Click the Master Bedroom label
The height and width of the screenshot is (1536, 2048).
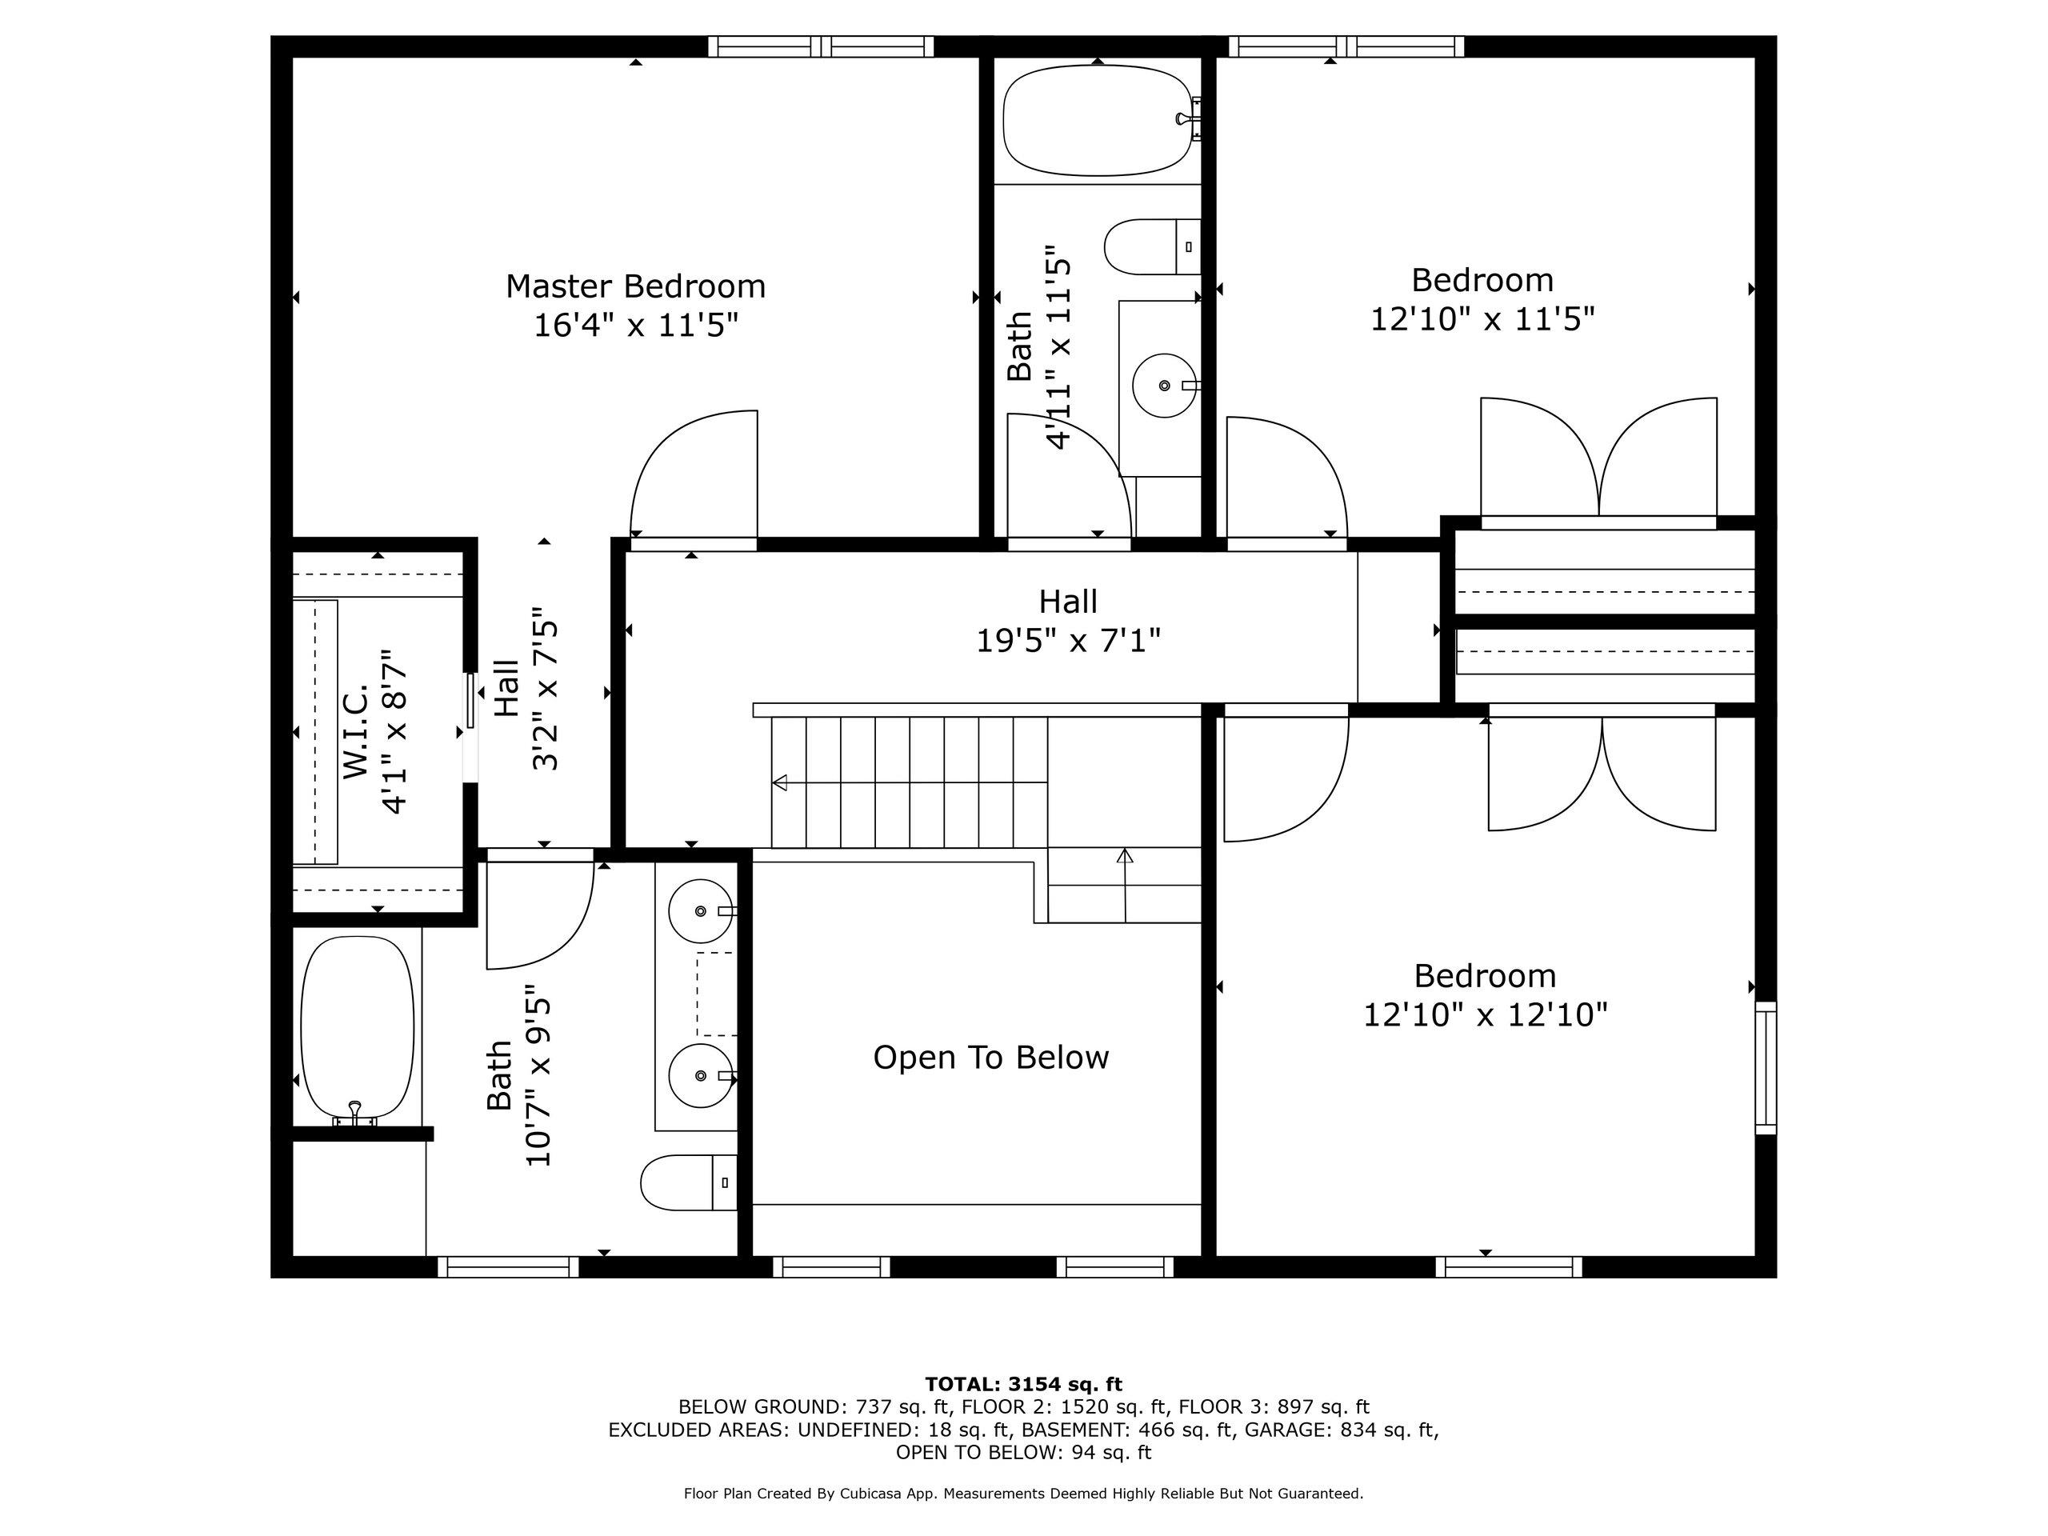(635, 286)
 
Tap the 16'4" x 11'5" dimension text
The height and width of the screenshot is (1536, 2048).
(635, 326)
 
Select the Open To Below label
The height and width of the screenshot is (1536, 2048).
(990, 1058)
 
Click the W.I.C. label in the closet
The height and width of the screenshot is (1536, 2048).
(357, 731)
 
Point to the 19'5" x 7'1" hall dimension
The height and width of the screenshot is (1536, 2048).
(1069, 640)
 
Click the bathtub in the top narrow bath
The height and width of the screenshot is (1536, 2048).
(1098, 120)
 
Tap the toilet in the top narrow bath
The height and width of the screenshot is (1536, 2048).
(1152, 247)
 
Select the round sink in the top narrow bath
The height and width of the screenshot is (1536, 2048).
(1165, 385)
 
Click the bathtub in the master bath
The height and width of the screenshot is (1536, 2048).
(358, 1030)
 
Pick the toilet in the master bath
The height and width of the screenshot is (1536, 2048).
(689, 1182)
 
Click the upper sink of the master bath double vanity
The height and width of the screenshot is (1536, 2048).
(701, 911)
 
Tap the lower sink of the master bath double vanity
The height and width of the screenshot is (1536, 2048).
(701, 1075)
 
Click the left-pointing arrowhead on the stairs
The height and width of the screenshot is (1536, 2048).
(779, 782)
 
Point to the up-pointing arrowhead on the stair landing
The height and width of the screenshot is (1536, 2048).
(1125, 855)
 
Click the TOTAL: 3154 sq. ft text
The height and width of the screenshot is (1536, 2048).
(1023, 1384)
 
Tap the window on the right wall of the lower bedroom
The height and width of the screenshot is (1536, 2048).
(1766, 1067)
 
